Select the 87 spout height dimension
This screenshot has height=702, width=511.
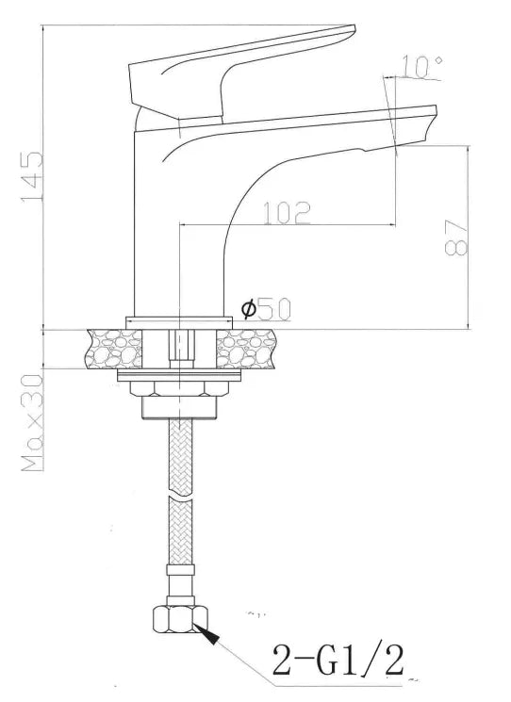tap(456, 239)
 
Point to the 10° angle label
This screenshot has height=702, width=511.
tap(420, 66)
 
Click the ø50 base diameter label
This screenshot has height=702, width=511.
tap(267, 308)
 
